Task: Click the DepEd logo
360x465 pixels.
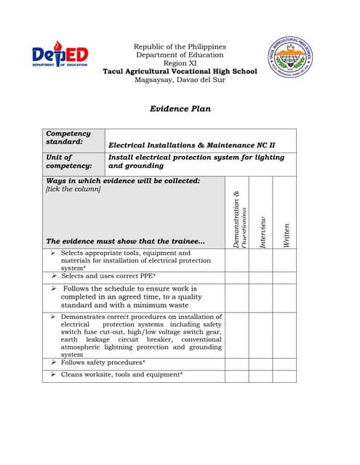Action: (x=60, y=55)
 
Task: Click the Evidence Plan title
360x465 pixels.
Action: (x=180, y=109)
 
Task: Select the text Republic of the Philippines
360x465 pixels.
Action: (x=180, y=46)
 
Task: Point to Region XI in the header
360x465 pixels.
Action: (x=180, y=63)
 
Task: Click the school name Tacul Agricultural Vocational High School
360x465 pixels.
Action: (x=180, y=71)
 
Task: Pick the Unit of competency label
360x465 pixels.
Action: (x=73, y=161)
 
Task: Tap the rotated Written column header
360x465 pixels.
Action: (x=286, y=235)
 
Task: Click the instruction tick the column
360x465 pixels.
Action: (x=73, y=190)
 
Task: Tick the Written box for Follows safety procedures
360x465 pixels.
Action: (x=285, y=363)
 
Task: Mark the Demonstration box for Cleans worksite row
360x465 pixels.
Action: (x=236, y=375)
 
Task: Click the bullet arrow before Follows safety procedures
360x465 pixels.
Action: (x=54, y=362)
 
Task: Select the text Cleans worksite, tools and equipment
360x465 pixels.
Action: (x=121, y=374)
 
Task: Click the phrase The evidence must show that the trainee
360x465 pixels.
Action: (x=125, y=240)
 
